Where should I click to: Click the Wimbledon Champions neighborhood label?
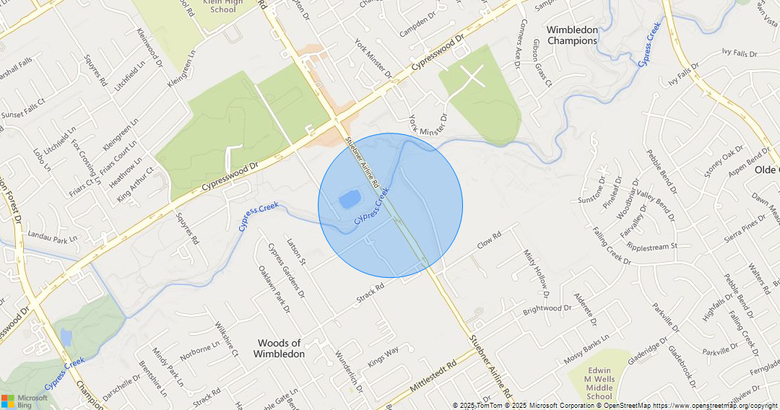(x=572, y=35)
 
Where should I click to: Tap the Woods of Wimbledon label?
(x=279, y=349)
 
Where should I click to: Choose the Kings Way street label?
(x=383, y=357)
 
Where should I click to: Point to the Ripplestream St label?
(x=652, y=246)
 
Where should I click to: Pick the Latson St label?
(x=297, y=251)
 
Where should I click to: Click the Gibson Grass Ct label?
(x=542, y=64)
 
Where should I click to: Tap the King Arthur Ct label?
(x=135, y=184)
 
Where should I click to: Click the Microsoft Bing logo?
(x=25, y=401)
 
